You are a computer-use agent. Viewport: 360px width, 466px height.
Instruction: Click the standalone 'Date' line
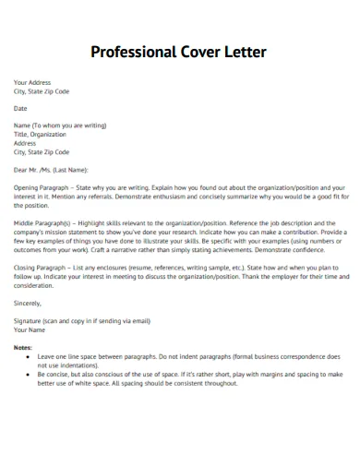20,108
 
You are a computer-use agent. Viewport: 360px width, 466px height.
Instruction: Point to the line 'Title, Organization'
40,134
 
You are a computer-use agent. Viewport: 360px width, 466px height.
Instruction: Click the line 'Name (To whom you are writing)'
54,125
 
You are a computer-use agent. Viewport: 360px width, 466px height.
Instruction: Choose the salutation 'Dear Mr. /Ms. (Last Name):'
51,169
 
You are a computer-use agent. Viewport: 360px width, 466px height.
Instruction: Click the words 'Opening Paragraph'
38,186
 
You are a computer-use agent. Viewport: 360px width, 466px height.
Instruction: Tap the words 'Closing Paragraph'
38,267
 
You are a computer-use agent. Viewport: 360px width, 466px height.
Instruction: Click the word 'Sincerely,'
28,302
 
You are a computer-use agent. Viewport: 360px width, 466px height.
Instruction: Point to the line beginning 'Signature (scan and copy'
81,320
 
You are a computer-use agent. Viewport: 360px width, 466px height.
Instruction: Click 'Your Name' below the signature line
30,329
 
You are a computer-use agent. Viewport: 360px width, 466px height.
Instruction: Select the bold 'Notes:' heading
23,347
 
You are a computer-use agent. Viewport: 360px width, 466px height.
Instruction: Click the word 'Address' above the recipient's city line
25,143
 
